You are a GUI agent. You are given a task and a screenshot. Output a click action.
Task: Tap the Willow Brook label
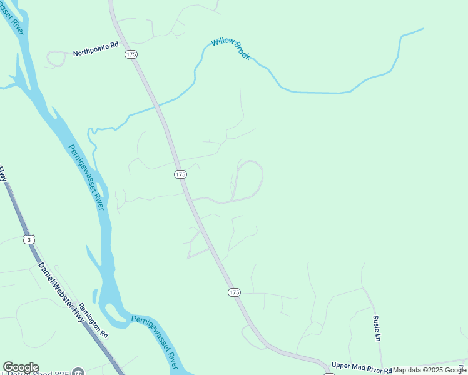click(231, 48)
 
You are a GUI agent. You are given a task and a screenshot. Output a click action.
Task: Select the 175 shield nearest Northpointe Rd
click(131, 55)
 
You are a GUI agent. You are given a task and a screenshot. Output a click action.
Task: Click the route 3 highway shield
click(28, 239)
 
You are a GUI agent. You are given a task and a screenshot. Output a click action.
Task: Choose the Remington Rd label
click(93, 321)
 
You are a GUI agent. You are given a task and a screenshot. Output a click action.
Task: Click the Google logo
click(21, 367)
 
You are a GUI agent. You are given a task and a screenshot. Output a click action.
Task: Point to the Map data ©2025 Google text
click(430, 370)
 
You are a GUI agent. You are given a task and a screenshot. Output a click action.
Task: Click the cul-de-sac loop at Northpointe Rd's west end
click(56, 59)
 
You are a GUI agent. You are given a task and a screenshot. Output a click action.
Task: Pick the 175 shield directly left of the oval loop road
click(180, 174)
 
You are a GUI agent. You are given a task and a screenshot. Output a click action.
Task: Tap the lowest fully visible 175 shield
click(234, 292)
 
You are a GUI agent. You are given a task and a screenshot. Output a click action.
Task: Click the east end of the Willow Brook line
click(423, 29)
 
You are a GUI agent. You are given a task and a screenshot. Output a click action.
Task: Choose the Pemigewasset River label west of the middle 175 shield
click(86, 177)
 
